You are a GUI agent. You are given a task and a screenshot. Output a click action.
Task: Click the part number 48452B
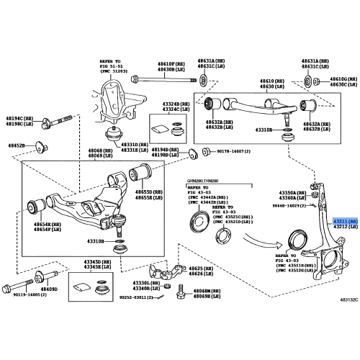click(17, 145)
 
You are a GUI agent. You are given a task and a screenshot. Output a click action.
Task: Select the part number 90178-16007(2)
click(228, 152)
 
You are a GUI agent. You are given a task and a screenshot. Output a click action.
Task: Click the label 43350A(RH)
click(293, 194)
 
